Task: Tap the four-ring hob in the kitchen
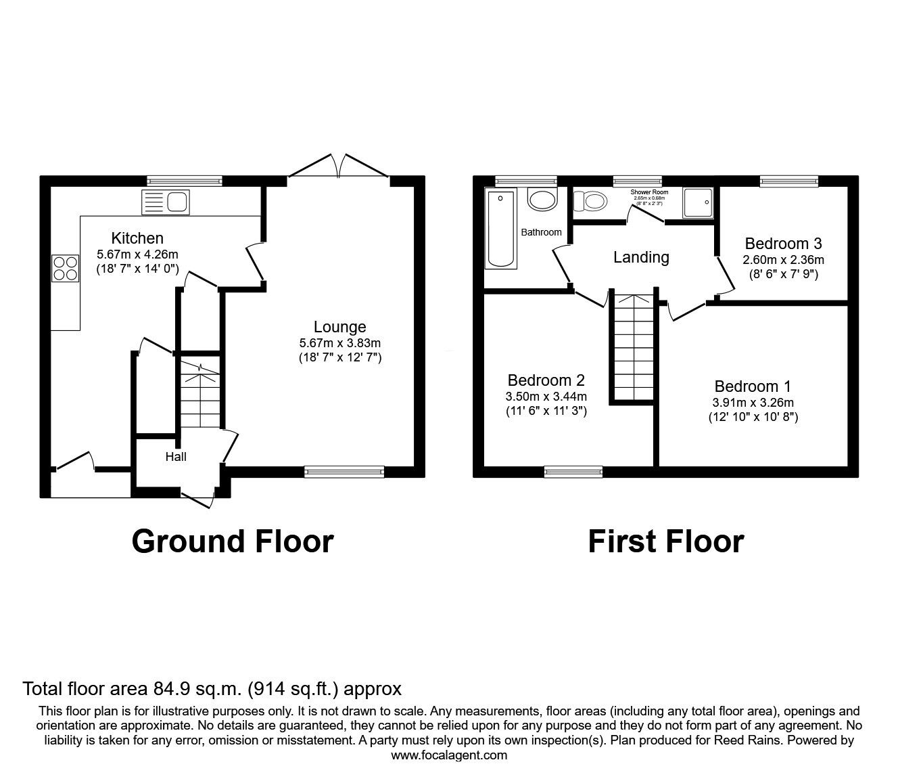coord(66,267)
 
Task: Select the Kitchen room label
coord(137,238)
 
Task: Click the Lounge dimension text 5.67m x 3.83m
coord(339,343)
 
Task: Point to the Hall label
coord(176,457)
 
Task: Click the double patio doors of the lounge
coord(339,166)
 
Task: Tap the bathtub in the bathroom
coord(501,229)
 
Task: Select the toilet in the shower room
coord(589,201)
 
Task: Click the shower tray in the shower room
coord(697,202)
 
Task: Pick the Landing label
coord(641,257)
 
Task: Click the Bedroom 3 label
coord(783,244)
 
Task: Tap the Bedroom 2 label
coord(546,380)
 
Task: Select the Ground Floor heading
coord(232,541)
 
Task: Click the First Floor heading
coord(665,541)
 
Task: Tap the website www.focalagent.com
coord(449,755)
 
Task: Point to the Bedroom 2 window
coord(573,472)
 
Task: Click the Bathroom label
coord(541,232)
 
